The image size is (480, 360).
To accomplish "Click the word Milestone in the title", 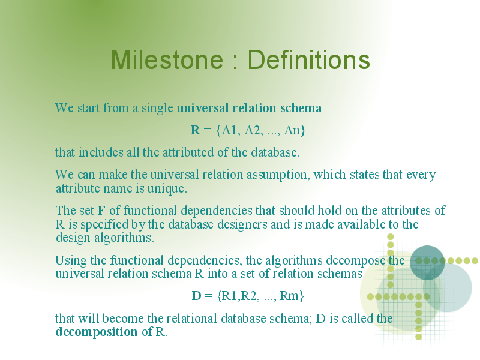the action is tap(167, 59).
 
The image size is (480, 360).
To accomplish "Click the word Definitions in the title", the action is tap(308, 59).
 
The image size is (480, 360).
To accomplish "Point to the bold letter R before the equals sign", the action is tap(196, 130).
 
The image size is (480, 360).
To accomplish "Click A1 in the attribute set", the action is tap(229, 130).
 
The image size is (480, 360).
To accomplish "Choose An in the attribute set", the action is tap(292, 130).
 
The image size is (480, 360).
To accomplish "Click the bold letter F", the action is tap(101, 211).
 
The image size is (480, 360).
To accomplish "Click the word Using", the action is tap(71, 261).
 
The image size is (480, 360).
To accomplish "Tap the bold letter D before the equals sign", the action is tap(196, 296).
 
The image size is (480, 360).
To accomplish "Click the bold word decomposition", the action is tap(97, 332).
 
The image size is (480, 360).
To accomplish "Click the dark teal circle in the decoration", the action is tap(427, 263).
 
